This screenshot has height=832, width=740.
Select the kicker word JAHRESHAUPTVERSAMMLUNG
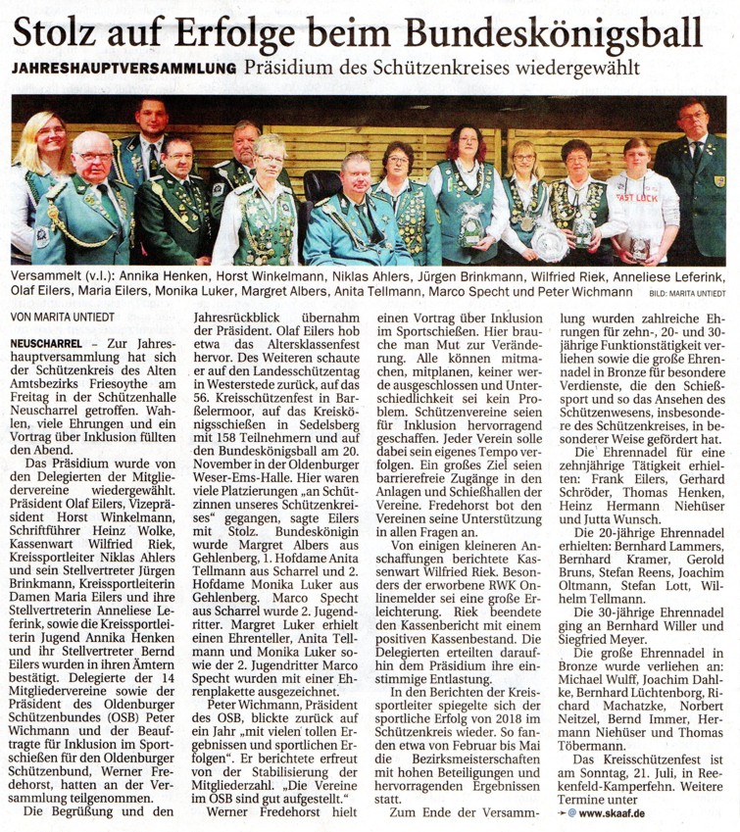[x=124, y=70]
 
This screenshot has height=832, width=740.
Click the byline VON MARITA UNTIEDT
[x=60, y=317]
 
